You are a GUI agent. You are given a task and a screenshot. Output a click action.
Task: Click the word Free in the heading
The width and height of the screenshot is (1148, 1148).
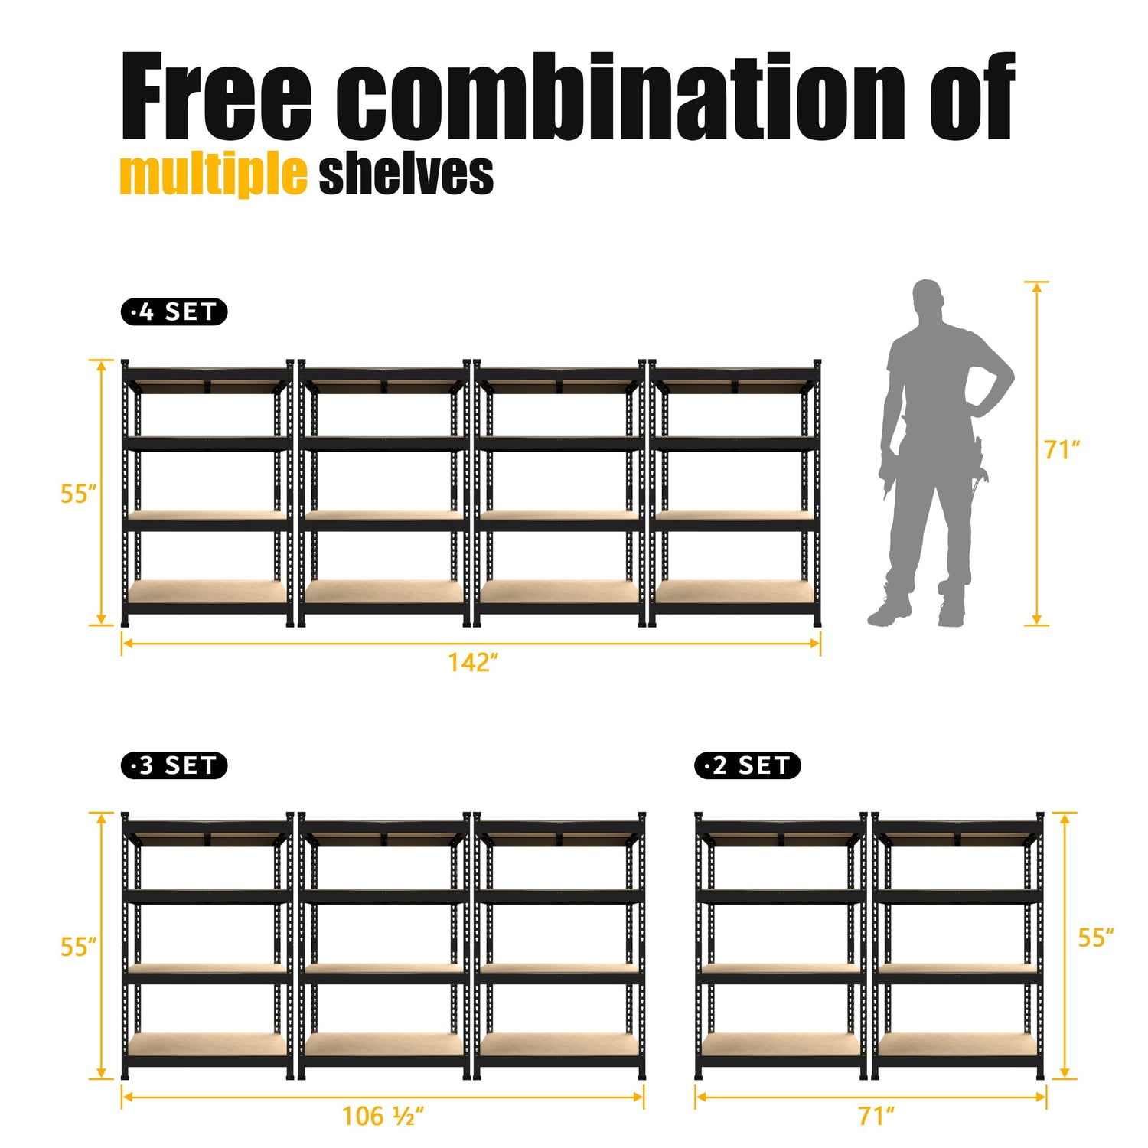(x=217, y=96)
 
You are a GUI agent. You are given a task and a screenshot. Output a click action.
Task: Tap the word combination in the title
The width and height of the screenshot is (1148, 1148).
(x=621, y=96)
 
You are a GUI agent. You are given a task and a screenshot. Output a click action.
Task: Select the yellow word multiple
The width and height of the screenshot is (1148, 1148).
(x=214, y=175)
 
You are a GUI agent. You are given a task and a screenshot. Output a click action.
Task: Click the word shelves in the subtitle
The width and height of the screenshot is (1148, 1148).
(x=406, y=174)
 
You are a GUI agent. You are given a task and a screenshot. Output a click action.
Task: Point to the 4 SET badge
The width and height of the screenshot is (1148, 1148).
(x=174, y=312)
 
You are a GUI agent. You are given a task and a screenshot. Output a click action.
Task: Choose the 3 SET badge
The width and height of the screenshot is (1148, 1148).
(x=174, y=765)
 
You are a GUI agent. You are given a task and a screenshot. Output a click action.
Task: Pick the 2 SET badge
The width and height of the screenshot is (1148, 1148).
(x=748, y=765)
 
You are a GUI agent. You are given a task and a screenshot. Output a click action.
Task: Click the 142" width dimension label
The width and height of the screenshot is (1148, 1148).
(x=473, y=662)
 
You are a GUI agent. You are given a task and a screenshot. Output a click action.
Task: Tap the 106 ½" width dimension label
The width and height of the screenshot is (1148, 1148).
(x=383, y=1116)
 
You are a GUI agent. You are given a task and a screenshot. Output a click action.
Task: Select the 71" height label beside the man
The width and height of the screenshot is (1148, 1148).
(x=1062, y=450)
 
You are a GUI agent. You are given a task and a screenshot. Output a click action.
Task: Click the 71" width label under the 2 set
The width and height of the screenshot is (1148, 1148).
(x=876, y=1116)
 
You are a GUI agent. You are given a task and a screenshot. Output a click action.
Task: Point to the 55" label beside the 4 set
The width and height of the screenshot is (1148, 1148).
(x=79, y=494)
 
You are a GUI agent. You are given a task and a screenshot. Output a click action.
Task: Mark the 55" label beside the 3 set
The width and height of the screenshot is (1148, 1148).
(x=79, y=947)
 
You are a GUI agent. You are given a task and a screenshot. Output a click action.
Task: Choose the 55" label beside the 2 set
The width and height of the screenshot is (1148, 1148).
(x=1096, y=938)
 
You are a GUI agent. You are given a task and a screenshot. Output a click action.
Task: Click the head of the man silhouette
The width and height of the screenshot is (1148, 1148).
(x=927, y=298)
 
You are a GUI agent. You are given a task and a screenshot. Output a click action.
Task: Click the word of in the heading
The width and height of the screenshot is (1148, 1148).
(x=973, y=96)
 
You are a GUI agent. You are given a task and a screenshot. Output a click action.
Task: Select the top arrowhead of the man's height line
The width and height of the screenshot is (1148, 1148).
(x=1036, y=288)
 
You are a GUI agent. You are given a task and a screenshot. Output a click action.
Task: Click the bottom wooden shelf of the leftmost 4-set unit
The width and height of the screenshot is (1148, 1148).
(x=207, y=592)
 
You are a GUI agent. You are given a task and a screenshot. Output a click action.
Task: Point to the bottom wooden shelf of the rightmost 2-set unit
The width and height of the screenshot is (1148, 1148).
(x=957, y=1045)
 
